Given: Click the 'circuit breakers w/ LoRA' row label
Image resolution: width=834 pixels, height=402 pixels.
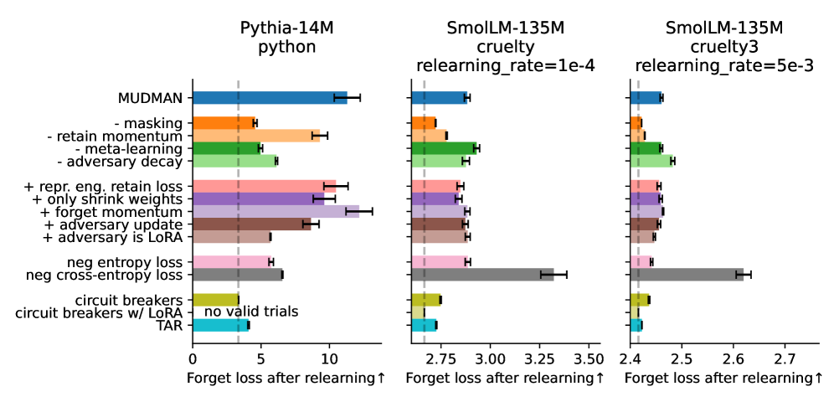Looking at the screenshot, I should (x=100, y=312).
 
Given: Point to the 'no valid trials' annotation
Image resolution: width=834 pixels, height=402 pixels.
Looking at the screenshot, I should (x=251, y=312).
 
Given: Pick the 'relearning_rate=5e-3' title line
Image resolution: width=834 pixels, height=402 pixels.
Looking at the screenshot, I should (x=723, y=65).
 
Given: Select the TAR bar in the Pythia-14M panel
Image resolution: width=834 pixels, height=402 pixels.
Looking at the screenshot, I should (x=220, y=325).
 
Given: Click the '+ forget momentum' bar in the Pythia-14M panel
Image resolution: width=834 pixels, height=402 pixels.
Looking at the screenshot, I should (x=275, y=212).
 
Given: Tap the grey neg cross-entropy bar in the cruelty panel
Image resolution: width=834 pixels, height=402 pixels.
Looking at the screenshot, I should (x=482, y=275).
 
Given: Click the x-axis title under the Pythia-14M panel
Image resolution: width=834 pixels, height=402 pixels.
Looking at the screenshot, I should (x=286, y=379).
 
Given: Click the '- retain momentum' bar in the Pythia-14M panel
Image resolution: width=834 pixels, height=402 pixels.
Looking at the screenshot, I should (x=255, y=137).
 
